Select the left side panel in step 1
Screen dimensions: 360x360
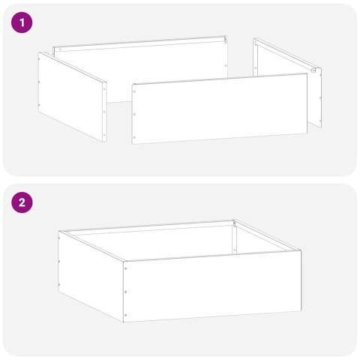(72, 95)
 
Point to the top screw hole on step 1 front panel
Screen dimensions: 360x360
(135, 93)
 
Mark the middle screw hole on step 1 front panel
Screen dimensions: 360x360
(135, 115)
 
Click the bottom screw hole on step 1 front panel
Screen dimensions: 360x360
(135, 137)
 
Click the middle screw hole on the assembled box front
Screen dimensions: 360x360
(125, 291)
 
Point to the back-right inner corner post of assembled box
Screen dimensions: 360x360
(235, 236)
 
